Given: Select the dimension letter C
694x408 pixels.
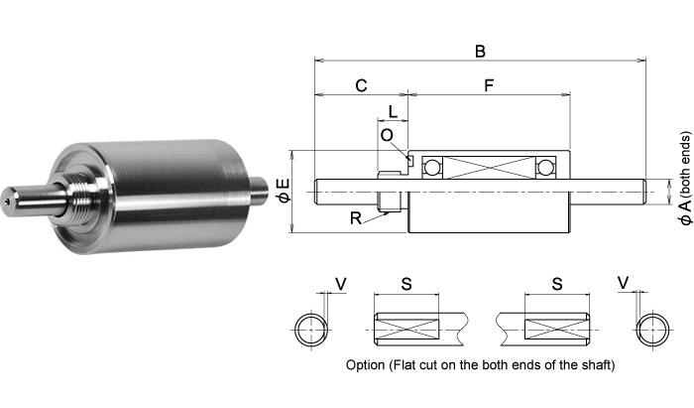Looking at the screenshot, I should pos(361,85).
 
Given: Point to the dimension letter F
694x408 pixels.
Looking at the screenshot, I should pos(489,85).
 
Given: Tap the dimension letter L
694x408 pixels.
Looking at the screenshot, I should pos(394,111).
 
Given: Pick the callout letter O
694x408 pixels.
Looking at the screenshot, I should pos(387,134).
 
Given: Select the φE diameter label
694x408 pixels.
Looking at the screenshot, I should pos(284,191).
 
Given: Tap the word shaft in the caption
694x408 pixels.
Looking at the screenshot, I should pos(593,364).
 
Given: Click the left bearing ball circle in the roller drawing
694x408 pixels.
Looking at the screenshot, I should pos(432,166).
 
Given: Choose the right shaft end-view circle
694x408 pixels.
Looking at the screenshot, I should pos(652,329).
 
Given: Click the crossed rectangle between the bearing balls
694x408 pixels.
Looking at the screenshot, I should pos(489,166).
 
